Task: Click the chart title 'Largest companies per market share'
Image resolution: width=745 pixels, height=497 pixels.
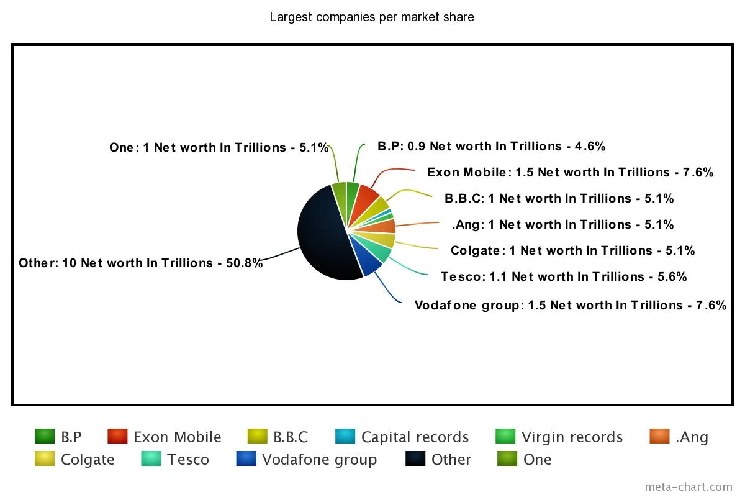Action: click(372, 17)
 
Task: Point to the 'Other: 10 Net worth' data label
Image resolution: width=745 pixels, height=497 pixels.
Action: click(141, 263)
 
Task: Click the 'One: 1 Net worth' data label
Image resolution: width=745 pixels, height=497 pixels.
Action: click(219, 147)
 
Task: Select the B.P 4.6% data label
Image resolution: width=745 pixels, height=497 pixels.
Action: click(491, 146)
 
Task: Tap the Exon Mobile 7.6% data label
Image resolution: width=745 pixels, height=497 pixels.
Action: click(570, 172)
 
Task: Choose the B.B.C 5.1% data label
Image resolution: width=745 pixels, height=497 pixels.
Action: click(559, 198)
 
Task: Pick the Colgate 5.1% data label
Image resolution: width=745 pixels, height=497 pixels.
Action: click(572, 250)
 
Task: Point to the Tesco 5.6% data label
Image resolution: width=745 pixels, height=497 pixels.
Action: click(564, 276)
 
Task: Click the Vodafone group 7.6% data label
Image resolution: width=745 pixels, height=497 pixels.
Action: click(570, 305)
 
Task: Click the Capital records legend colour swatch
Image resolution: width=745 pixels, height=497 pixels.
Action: click(345, 437)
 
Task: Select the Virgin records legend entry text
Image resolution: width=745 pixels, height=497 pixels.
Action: click(572, 437)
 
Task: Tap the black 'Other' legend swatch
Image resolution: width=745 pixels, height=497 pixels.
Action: click(415, 459)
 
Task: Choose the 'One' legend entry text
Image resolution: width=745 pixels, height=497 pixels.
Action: click(537, 460)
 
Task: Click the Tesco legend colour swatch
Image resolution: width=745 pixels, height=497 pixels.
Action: click(151, 459)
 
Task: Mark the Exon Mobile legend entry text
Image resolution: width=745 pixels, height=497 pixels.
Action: click(177, 437)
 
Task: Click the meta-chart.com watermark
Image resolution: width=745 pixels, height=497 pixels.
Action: click(688, 486)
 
